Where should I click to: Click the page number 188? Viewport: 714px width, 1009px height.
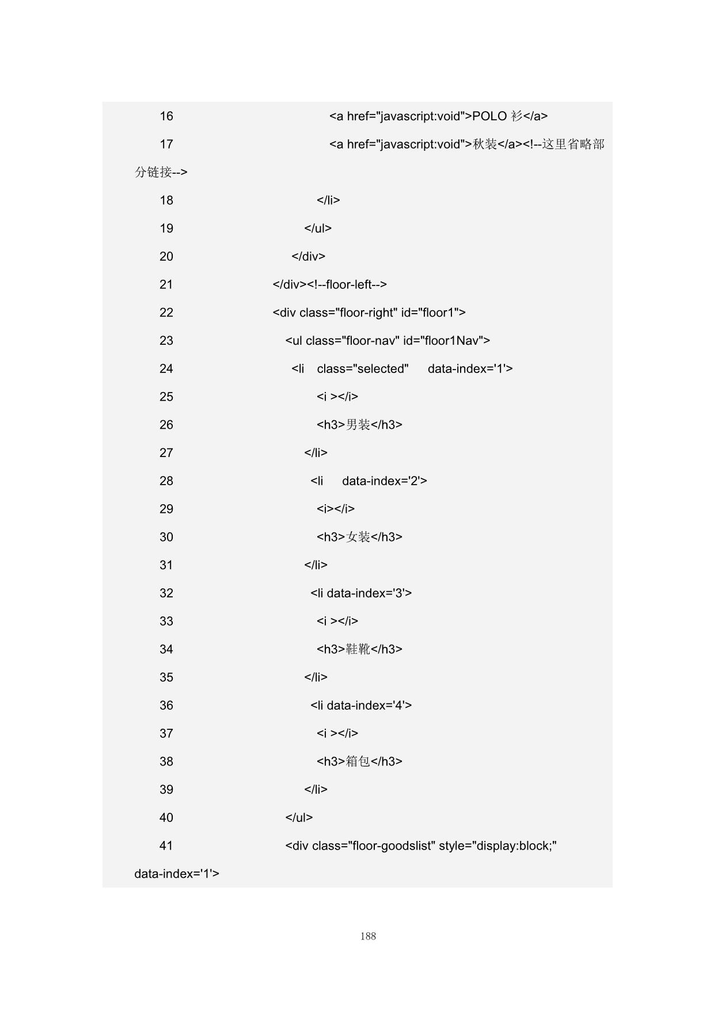(x=368, y=936)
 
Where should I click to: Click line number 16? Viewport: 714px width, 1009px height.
(x=166, y=116)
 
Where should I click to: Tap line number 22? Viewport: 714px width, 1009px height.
(x=166, y=313)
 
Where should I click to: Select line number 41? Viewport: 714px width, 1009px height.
(x=166, y=846)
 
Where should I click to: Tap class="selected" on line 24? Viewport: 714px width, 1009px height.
(x=363, y=369)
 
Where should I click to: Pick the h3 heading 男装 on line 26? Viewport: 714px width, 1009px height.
(x=359, y=425)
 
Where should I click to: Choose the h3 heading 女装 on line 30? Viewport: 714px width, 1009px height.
(x=359, y=537)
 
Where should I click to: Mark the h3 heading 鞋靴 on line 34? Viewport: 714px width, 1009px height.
(x=359, y=649)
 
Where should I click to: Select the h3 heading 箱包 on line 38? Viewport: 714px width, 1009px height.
(x=359, y=761)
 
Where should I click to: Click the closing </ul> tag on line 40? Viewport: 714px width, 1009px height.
(x=299, y=818)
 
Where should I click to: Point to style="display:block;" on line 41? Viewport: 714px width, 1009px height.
(x=497, y=846)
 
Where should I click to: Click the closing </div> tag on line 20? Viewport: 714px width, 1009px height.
(x=309, y=257)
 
